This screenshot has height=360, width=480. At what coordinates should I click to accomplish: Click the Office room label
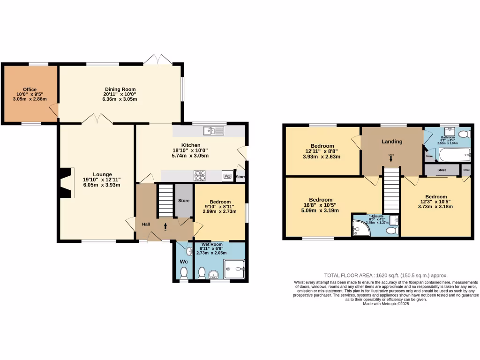point(30,89)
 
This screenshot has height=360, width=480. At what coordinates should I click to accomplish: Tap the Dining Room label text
point(120,89)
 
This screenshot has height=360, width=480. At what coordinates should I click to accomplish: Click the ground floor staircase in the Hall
point(165,201)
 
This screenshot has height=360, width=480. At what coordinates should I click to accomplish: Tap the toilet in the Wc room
point(184,272)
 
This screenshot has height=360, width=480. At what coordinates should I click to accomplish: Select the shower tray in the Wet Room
point(234,269)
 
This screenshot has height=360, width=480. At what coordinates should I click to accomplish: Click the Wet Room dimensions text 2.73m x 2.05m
point(211,253)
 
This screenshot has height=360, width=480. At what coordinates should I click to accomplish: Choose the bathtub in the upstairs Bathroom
point(454,154)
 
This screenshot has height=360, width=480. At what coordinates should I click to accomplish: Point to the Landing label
point(391,142)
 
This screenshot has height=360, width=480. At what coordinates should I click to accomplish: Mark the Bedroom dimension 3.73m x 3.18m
point(435,209)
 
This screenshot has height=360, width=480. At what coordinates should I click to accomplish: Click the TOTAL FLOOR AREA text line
point(386,275)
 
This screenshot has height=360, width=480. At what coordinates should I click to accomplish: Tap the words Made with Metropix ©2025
point(386,304)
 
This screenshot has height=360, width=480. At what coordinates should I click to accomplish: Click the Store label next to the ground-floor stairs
point(184,201)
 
